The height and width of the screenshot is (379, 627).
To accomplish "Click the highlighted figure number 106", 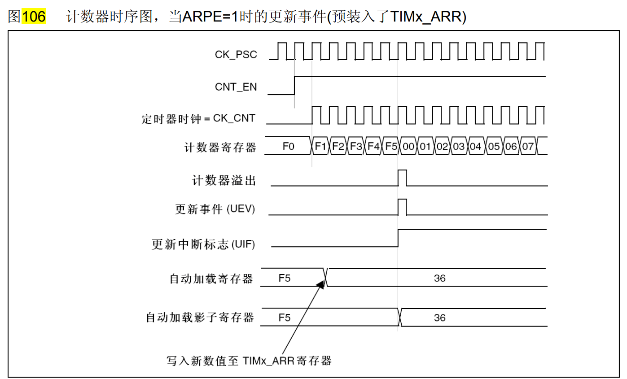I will click(34, 17).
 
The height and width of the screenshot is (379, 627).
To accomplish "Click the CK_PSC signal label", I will click(236, 55).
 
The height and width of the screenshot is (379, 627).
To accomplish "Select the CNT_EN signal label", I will click(236, 87).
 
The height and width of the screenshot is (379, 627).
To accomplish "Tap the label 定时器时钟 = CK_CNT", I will click(198, 119).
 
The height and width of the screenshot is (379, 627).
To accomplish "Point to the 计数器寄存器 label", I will click(220, 147).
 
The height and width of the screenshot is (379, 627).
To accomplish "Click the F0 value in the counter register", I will click(288, 147).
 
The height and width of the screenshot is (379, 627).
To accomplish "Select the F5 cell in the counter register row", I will click(391, 147).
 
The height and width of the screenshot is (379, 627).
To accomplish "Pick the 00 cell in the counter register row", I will click(408, 147).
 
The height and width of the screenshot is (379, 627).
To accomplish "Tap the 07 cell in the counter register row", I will click(528, 147).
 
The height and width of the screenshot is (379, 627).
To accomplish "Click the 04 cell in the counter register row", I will click(476, 147).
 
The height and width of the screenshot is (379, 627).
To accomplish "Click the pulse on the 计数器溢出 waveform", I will click(402, 178).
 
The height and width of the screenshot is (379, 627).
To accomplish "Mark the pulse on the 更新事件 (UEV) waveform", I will click(402, 206).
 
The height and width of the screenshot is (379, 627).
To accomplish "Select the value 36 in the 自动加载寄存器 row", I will click(440, 278).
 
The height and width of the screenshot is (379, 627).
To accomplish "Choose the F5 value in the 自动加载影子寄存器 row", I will click(285, 318).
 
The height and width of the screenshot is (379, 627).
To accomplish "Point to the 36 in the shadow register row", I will click(440, 318).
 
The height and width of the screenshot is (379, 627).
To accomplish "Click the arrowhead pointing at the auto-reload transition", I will click(320, 283).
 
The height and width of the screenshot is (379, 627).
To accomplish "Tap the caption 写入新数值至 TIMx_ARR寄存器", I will click(249, 360).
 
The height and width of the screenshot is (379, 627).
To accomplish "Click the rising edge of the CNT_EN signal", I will click(294, 85).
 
